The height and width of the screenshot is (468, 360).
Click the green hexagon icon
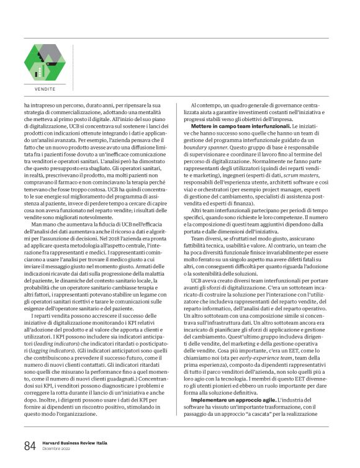[44, 64]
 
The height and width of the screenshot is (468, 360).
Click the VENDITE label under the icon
[44, 89]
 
